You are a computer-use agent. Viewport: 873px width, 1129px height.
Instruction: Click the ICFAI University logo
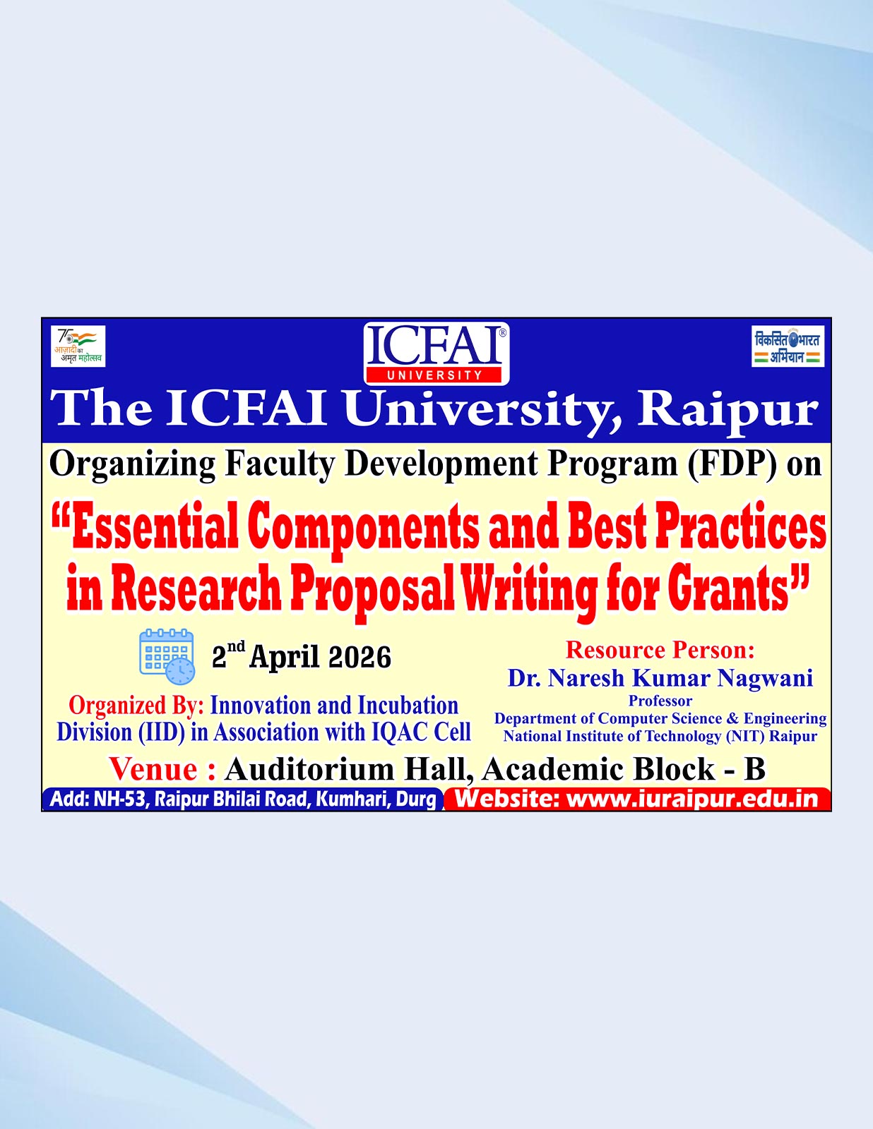[x=436, y=354]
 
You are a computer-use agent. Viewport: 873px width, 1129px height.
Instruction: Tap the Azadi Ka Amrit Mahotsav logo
[x=78, y=346]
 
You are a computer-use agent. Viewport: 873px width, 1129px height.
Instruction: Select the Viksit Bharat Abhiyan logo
[x=788, y=346]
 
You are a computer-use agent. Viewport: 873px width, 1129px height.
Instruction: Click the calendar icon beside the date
[x=167, y=657]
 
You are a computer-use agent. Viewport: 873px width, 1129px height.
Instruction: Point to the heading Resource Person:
[x=660, y=650]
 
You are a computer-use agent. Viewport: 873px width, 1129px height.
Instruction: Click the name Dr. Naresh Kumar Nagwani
[x=660, y=678]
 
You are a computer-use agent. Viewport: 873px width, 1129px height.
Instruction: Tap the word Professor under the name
[x=660, y=701]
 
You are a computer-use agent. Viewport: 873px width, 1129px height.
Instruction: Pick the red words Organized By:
[x=136, y=706]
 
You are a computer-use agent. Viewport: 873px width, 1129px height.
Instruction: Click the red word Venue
[x=153, y=769]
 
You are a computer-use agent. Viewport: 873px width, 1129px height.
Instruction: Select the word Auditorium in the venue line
[x=310, y=769]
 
